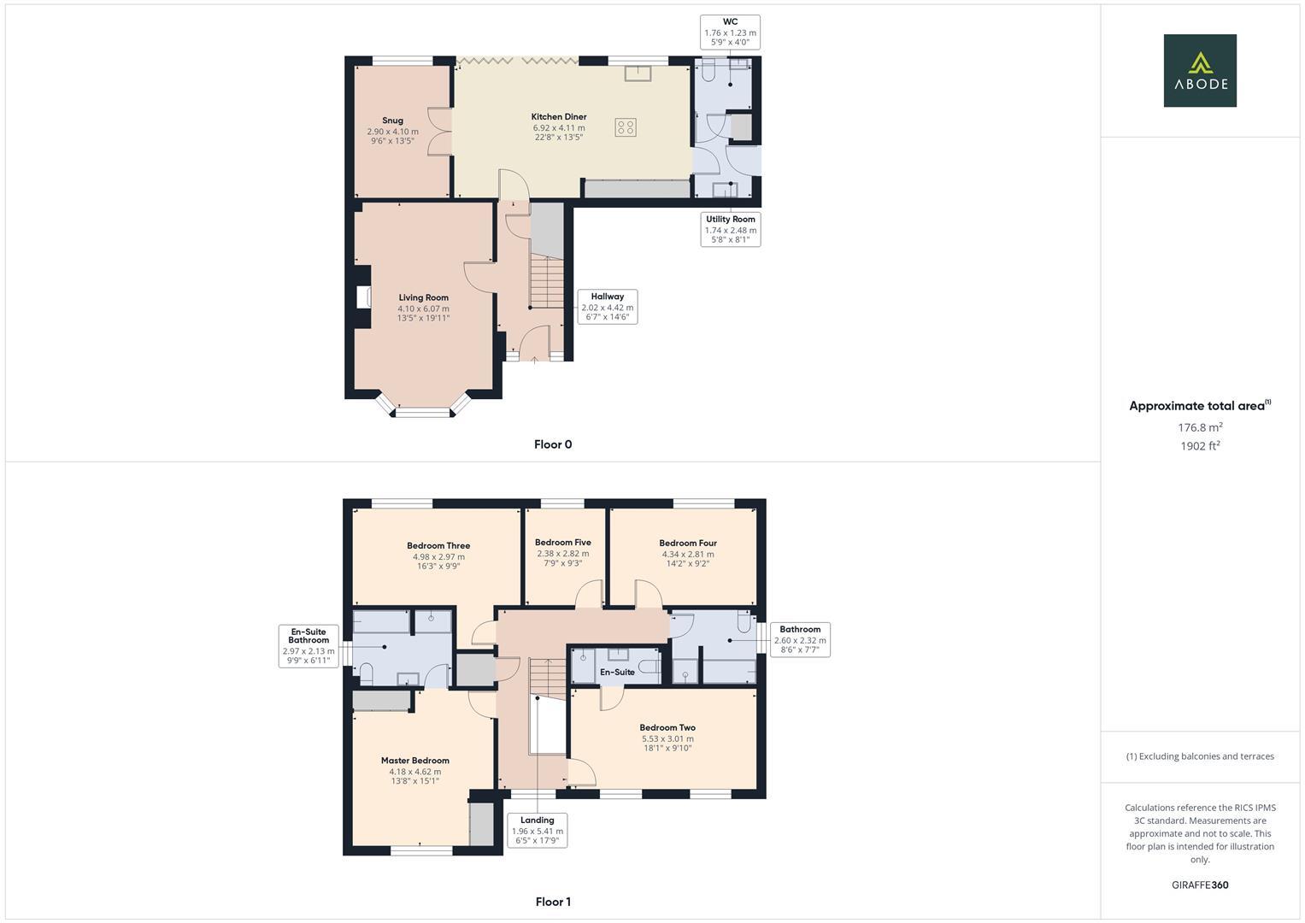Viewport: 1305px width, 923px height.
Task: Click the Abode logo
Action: coord(1199,71)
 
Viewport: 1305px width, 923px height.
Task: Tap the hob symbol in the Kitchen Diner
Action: coord(625,127)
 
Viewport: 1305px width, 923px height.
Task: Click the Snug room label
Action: coord(392,121)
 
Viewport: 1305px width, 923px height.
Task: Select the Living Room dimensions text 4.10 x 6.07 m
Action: coord(423,309)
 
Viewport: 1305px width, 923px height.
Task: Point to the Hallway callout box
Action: coord(607,307)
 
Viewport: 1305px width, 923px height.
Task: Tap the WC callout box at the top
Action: coord(730,32)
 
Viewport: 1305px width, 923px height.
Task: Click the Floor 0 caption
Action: coord(553,444)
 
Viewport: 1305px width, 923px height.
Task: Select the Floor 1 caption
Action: coord(553,902)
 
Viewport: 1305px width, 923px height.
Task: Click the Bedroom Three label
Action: coord(438,546)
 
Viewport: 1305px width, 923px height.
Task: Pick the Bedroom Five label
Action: coord(562,543)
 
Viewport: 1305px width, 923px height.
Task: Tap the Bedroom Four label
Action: coord(687,544)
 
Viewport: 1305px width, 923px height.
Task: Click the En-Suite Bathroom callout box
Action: coord(309,646)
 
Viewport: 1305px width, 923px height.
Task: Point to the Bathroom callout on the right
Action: coord(799,640)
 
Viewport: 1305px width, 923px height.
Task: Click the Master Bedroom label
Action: coord(414,761)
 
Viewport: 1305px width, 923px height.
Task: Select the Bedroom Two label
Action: coord(667,728)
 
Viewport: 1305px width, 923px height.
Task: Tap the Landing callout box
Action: coord(537,831)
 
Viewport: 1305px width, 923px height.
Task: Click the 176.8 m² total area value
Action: coord(1200,427)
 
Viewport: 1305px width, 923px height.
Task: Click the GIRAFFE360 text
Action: coord(1200,885)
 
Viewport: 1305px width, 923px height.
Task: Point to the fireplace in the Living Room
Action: coord(362,297)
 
